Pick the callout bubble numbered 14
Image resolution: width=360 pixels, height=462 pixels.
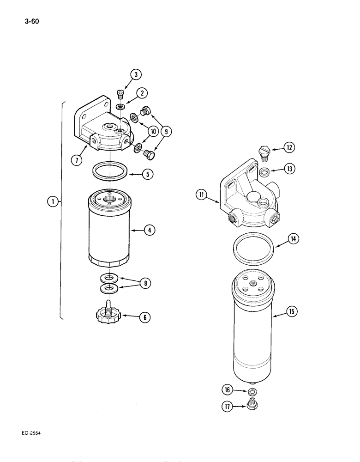pos(293,239)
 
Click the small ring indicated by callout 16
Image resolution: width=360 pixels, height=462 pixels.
pos(252,392)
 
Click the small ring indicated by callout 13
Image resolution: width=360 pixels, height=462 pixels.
pos(264,172)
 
